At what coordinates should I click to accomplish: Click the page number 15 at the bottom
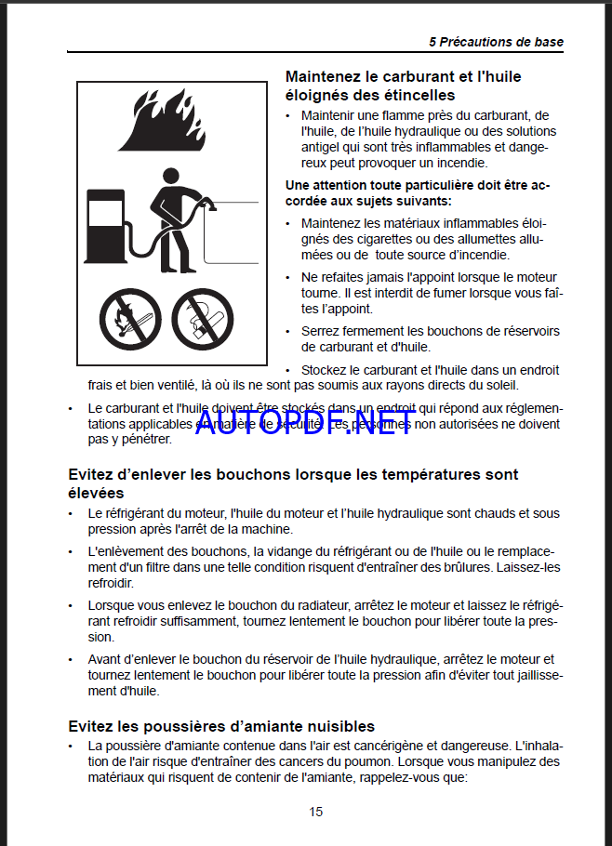coord(316,812)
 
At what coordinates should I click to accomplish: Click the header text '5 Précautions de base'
coord(496,42)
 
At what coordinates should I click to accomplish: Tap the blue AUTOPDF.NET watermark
coord(304,425)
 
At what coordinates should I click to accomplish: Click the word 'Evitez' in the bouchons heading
coord(92,474)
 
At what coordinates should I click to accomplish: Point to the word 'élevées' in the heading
coord(96,493)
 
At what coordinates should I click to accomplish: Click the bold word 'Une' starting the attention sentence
coord(298,185)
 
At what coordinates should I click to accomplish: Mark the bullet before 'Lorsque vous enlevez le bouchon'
coord(73,605)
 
